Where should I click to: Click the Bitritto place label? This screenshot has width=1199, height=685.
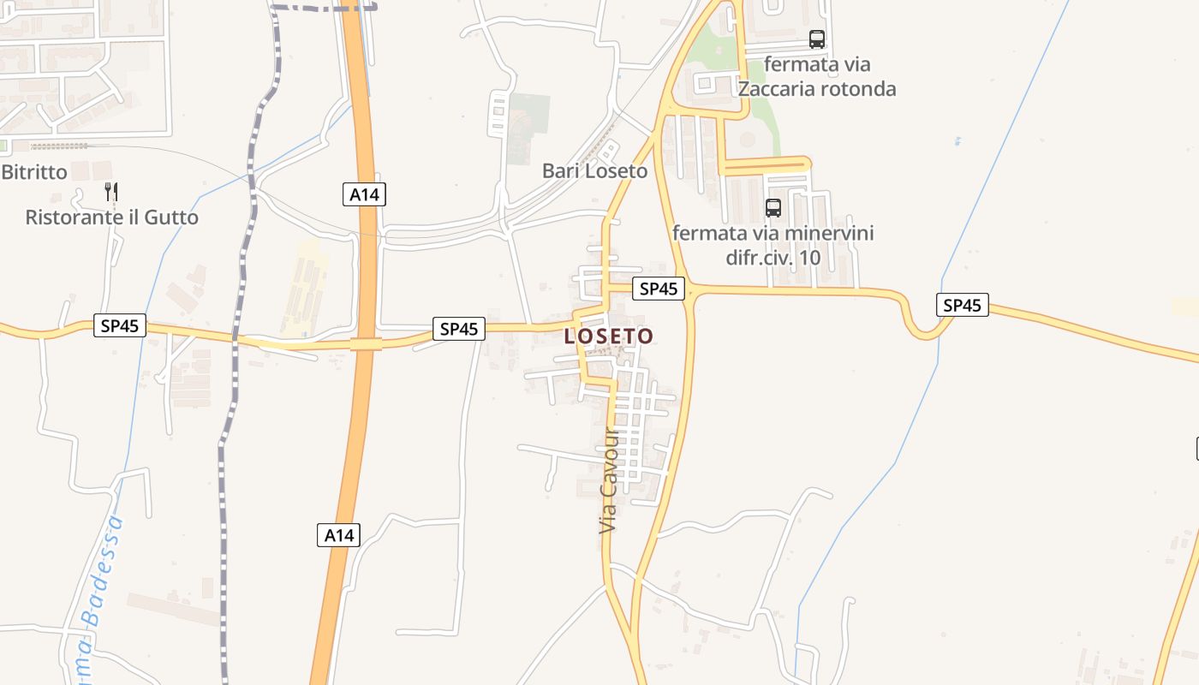[34, 172]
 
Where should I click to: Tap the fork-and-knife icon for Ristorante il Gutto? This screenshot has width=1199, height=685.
[111, 191]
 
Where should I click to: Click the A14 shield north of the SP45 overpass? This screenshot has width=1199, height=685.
[364, 194]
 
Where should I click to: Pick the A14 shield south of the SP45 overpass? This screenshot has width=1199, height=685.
[338, 535]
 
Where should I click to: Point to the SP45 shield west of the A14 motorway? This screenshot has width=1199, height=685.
[120, 325]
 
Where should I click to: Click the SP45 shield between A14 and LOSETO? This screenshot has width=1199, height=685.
[459, 328]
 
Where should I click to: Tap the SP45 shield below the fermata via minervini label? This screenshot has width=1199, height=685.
[659, 289]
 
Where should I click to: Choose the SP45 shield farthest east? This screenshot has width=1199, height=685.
[962, 305]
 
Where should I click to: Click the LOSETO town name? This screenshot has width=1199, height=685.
[609, 337]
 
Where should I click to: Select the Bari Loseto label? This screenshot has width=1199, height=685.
[595, 171]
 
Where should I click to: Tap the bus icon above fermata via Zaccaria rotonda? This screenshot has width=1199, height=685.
[817, 39]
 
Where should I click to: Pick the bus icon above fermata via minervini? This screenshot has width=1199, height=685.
[772, 207]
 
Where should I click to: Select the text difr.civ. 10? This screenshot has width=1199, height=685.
[773, 257]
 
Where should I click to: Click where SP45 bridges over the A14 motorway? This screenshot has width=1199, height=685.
[366, 343]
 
